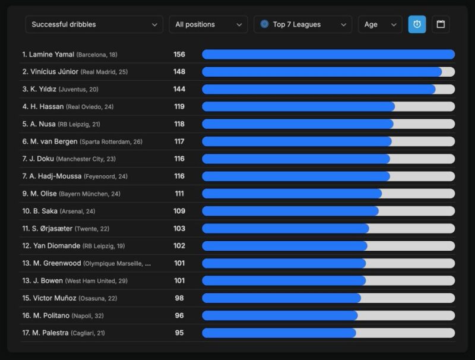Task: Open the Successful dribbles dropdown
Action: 94,24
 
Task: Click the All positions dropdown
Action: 208,24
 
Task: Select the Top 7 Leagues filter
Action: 303,24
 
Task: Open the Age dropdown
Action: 380,24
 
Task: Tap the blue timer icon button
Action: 417,24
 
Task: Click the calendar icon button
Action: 441,24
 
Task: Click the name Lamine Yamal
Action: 52,55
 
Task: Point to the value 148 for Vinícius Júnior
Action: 179,72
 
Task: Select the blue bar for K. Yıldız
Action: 319,89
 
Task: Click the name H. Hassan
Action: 47,107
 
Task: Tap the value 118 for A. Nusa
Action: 179,124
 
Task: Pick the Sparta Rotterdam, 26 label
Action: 111,142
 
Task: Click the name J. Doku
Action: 42,159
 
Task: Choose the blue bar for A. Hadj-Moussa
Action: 296,176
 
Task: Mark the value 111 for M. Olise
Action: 179,194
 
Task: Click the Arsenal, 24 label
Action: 77,211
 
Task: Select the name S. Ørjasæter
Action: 52,229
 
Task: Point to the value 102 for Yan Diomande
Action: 179,246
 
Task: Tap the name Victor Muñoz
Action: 55,298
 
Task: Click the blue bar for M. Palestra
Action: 279,333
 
